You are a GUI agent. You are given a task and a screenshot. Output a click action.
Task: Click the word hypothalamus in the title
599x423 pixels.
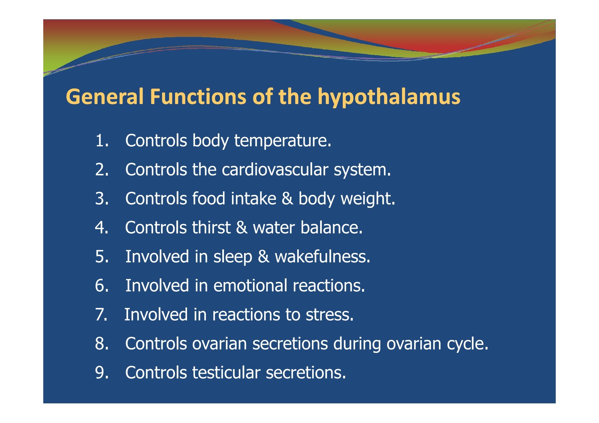389,97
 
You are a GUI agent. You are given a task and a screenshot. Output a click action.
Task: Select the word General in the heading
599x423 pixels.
105,97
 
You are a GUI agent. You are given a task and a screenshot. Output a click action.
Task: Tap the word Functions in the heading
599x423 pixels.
198,97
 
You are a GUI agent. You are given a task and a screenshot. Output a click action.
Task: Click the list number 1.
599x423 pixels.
102,140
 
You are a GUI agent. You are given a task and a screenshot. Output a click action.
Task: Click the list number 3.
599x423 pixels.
102,199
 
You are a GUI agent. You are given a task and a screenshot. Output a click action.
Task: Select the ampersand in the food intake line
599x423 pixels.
287,199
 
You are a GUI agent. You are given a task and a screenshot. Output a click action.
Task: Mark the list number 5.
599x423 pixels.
102,257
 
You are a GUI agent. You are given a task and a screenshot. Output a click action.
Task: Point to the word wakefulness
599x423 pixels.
322,257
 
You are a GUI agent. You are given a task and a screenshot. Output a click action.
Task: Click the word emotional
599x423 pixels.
250,286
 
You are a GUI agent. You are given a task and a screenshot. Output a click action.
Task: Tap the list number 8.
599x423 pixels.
102,344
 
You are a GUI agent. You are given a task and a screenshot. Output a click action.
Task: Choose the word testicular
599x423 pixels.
226,372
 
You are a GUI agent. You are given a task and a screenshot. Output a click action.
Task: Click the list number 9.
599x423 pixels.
102,372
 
